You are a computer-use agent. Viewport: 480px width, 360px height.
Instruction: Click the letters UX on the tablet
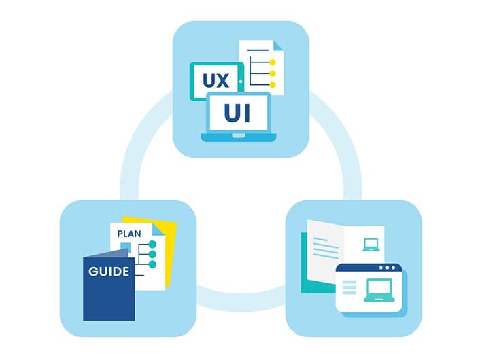[x=216, y=80]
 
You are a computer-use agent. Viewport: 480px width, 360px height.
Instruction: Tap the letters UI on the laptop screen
[x=237, y=113]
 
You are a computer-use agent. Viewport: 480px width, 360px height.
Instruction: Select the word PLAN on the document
[x=129, y=234]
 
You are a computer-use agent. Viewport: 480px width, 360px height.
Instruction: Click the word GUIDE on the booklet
[x=109, y=272]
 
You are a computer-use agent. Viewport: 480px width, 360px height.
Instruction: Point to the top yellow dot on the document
[x=272, y=62]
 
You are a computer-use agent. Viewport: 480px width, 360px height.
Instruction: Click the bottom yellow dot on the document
[x=272, y=85]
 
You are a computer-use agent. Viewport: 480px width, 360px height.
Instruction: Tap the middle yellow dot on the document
[x=272, y=73]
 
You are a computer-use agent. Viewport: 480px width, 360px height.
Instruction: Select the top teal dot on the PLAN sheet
[x=152, y=245]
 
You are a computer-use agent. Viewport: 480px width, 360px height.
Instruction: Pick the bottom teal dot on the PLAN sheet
[x=152, y=264]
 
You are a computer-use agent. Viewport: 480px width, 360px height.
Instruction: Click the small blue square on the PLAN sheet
[x=126, y=247]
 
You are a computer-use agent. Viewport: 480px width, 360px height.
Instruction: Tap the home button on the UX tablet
[x=241, y=82]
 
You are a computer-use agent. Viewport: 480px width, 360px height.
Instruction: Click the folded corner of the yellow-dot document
[x=278, y=46]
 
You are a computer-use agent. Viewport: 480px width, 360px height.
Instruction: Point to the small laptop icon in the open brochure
[x=371, y=245]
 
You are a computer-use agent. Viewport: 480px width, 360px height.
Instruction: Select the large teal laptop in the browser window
[x=379, y=290]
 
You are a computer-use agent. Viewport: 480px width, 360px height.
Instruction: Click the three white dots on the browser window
[x=388, y=268]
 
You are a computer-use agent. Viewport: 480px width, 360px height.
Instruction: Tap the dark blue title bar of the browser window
[x=369, y=268]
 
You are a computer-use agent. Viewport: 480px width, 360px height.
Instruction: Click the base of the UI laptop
[x=239, y=137]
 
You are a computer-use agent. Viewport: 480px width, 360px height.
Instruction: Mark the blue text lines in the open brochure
[x=326, y=249]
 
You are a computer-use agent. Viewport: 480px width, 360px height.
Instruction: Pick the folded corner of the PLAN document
[x=159, y=230]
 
